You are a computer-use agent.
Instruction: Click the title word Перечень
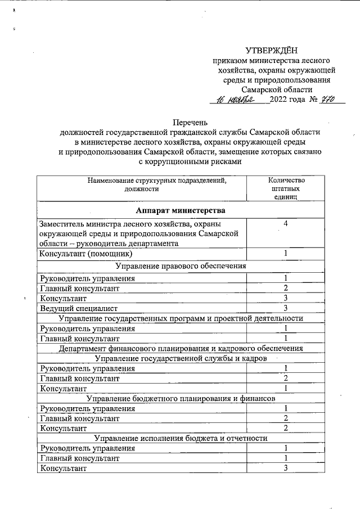coord(190,121)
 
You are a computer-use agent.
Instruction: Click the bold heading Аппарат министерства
coord(181,210)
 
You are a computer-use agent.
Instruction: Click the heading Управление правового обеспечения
coord(181,265)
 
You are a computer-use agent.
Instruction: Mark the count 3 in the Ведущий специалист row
coord(286,308)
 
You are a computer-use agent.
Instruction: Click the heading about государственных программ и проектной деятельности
coord(181,318)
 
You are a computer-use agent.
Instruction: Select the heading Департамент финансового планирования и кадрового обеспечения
coord(181,348)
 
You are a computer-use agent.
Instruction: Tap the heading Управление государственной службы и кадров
coord(181,358)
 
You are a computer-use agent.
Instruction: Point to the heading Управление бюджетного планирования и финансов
coord(181,398)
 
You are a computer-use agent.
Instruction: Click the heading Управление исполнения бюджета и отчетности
coord(181,438)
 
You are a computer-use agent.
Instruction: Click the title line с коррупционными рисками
coord(190,162)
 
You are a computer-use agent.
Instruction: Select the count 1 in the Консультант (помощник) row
coord(286,253)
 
